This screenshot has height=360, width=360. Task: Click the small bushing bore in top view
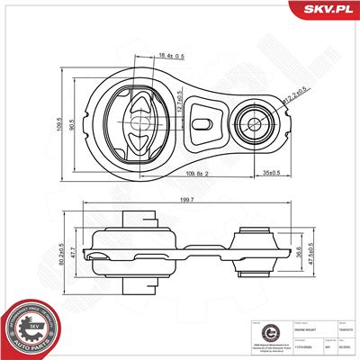click(x=255, y=122)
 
